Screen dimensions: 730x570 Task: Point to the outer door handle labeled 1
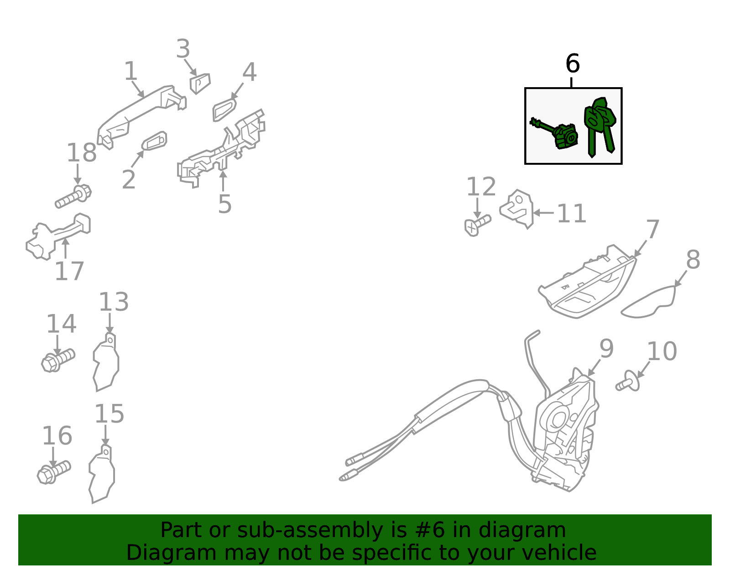point(141,116)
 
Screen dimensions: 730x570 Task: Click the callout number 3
point(183,49)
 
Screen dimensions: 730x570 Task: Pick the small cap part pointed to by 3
point(200,84)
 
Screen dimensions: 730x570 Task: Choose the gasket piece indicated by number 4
point(224,110)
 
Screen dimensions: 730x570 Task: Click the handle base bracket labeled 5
point(221,149)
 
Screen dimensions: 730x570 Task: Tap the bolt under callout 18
point(73,197)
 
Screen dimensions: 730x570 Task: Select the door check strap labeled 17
point(58,236)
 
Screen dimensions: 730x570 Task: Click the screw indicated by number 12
point(477,225)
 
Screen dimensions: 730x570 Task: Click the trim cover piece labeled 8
point(648,302)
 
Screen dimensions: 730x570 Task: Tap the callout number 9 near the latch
point(607,349)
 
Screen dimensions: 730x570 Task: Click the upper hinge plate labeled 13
point(106,362)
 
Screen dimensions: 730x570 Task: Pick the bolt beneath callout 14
point(58,361)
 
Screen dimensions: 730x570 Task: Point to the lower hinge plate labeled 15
point(102,474)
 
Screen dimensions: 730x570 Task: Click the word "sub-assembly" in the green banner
point(310,530)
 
